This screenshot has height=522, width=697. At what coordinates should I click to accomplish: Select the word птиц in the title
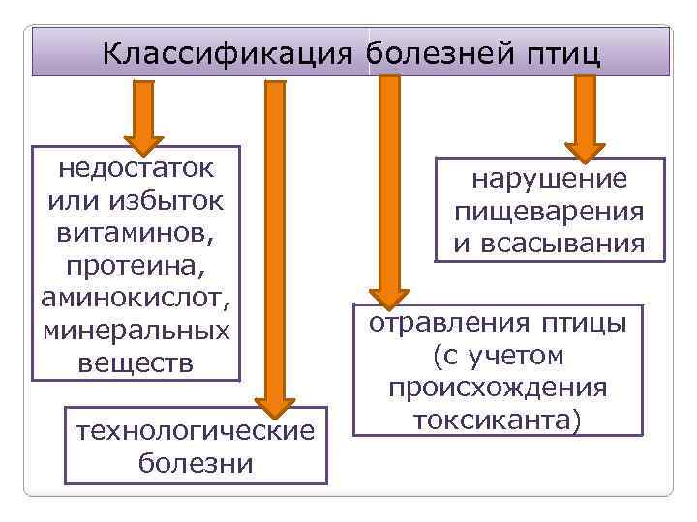[x=560, y=52]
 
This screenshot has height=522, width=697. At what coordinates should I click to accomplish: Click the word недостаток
[x=136, y=166]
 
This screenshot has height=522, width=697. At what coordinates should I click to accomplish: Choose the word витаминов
[x=136, y=233]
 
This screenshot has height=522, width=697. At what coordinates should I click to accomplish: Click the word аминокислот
[x=136, y=298]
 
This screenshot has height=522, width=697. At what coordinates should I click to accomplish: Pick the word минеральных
[x=136, y=331]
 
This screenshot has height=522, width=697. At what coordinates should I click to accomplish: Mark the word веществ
[x=136, y=363]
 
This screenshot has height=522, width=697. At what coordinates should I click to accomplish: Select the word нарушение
[x=549, y=178]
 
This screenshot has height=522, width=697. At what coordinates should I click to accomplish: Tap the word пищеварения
[x=549, y=211]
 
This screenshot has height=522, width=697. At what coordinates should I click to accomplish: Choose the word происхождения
[x=498, y=388]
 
